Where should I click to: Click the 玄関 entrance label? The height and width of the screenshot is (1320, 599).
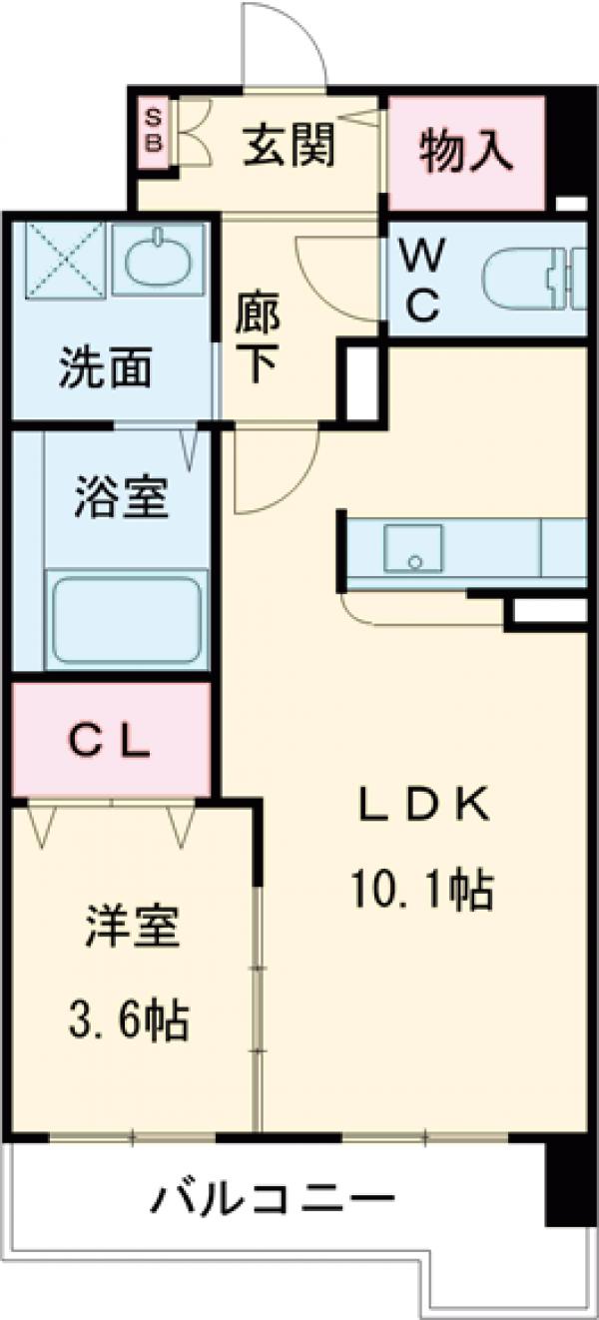(x=289, y=149)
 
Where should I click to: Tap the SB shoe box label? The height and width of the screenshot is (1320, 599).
(x=155, y=128)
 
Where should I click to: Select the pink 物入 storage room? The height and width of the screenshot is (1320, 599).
(x=465, y=151)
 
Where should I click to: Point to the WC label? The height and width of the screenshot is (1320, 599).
(x=421, y=284)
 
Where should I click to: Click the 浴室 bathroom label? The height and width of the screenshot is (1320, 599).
(x=121, y=496)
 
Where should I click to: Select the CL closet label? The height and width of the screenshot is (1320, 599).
(x=110, y=740)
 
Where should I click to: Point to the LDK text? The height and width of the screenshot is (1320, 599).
(x=423, y=805)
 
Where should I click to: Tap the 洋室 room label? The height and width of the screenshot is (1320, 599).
(x=130, y=928)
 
